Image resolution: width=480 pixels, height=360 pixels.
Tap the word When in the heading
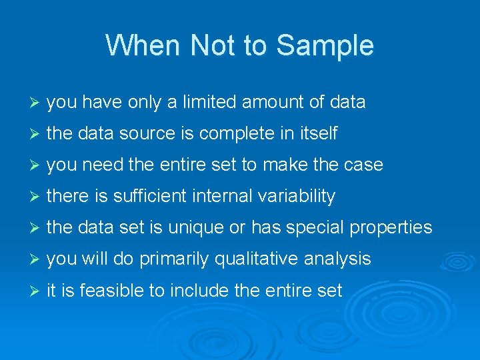tap(144, 45)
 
